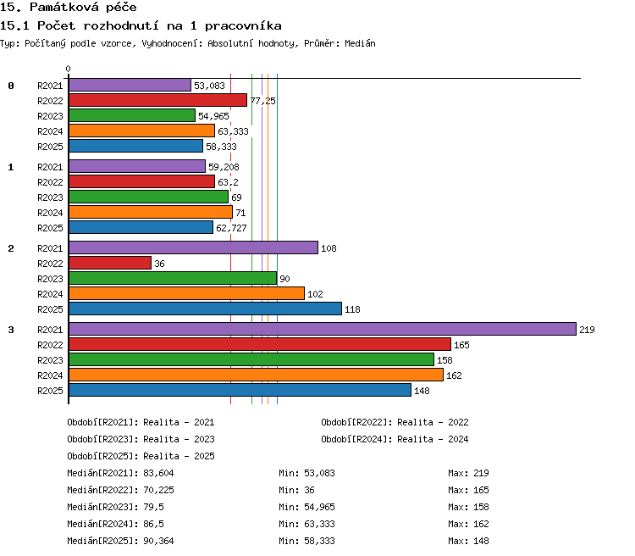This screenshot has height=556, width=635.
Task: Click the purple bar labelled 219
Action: point(323,329)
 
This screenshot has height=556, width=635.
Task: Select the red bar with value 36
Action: point(110,263)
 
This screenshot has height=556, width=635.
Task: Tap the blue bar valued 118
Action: point(206,309)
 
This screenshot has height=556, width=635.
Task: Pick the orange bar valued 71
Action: point(151,212)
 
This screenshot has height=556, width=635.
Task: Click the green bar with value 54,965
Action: point(132,115)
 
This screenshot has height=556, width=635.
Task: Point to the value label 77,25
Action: point(262,101)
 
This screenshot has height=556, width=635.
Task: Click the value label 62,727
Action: point(231,228)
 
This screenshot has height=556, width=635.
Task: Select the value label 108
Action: point(329,248)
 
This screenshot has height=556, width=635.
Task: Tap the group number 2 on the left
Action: point(11,248)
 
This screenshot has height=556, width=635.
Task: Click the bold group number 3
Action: point(11,330)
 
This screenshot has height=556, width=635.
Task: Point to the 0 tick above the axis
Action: point(68,69)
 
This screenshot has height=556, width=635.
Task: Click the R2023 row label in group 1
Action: point(50,197)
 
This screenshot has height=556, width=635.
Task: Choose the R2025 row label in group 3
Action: point(50,391)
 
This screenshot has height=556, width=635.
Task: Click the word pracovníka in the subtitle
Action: point(243,26)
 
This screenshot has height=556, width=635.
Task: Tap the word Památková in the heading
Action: point(64,7)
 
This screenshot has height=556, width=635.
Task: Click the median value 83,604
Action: point(158,473)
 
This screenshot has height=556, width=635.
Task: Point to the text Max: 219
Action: point(468,473)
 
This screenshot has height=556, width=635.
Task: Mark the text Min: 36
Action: point(296,490)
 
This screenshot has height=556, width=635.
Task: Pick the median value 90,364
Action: point(158,541)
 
